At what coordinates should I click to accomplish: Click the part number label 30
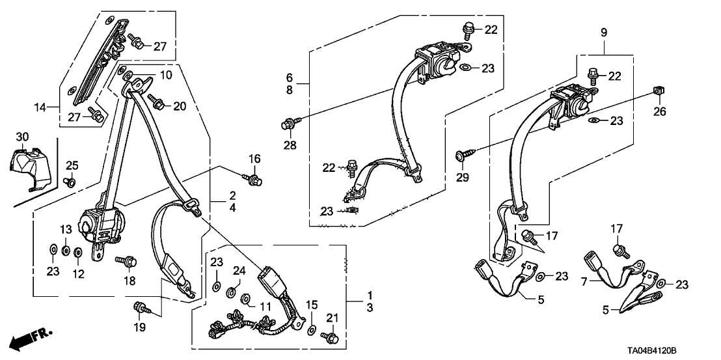22,137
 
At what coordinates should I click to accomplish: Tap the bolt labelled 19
140,307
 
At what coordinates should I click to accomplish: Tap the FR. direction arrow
32,339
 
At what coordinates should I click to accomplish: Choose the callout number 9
604,31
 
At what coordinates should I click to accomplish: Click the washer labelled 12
77,251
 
